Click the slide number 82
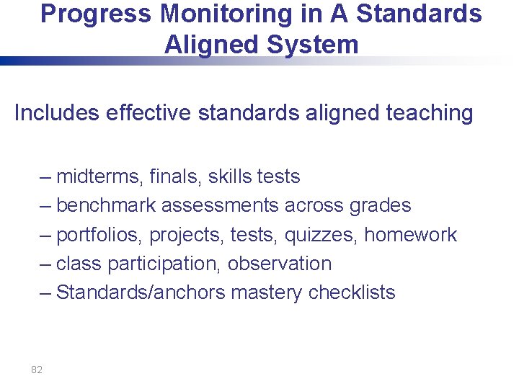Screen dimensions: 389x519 click(37, 370)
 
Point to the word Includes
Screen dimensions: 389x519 click(56, 113)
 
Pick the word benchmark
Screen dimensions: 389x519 click(106, 205)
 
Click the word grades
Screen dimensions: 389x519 click(379, 206)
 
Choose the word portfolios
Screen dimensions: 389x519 click(100, 235)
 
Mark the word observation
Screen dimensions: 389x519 click(280, 264)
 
